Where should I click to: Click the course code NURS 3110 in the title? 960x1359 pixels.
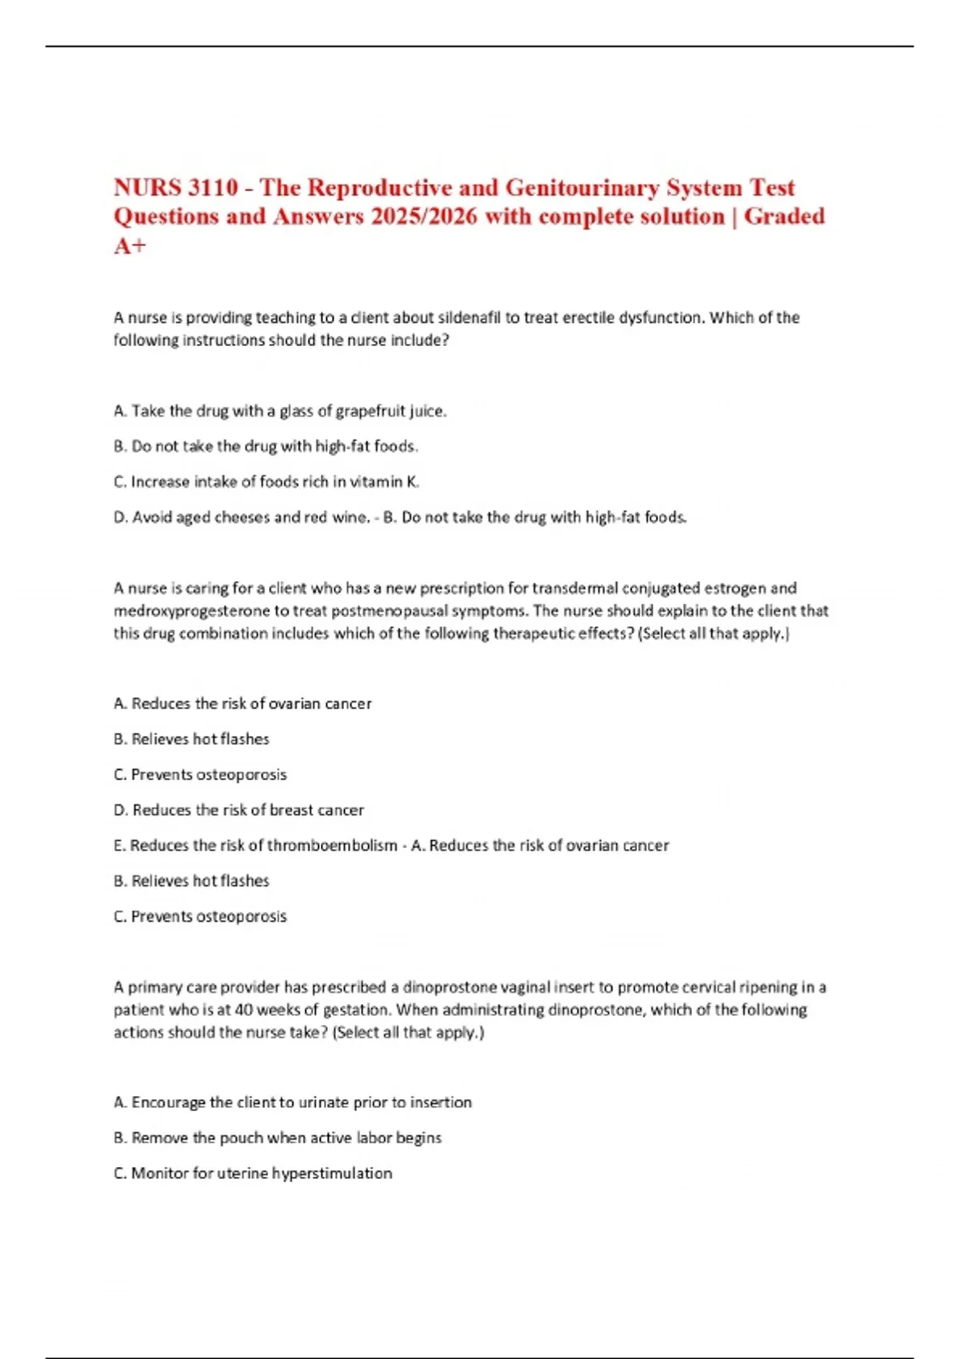pos(176,188)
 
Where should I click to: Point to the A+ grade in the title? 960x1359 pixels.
pos(130,245)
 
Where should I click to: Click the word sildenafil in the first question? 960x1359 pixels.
pos(468,317)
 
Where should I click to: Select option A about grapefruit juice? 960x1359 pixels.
pos(280,411)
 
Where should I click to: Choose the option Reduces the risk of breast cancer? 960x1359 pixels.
pos(238,810)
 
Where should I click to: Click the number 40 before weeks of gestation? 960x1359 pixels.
pos(244,1010)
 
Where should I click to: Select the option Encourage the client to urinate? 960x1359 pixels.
pos(293,1102)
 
